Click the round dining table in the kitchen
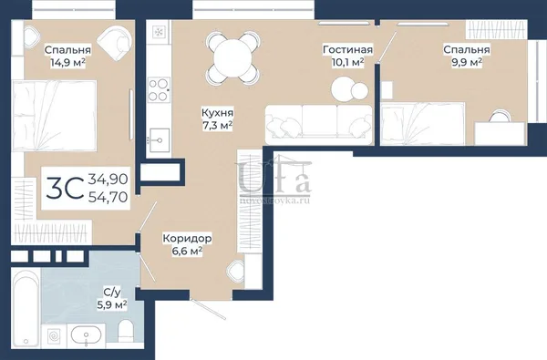(x=232, y=58)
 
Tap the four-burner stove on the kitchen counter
(x=159, y=89)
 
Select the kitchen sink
(x=160, y=139)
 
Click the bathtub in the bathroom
(x=26, y=308)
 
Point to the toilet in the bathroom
(x=126, y=332)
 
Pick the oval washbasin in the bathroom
(x=87, y=335)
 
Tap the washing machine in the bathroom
(x=54, y=336)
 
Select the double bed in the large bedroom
(x=54, y=116)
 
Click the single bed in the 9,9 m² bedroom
(x=422, y=123)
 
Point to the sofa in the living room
(x=319, y=125)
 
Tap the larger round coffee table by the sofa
(x=344, y=89)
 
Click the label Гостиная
(x=347, y=49)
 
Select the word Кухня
(x=218, y=113)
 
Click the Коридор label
(x=187, y=239)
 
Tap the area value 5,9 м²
(x=111, y=305)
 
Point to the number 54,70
(x=108, y=198)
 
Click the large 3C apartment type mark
(x=65, y=188)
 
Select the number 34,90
(x=108, y=180)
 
